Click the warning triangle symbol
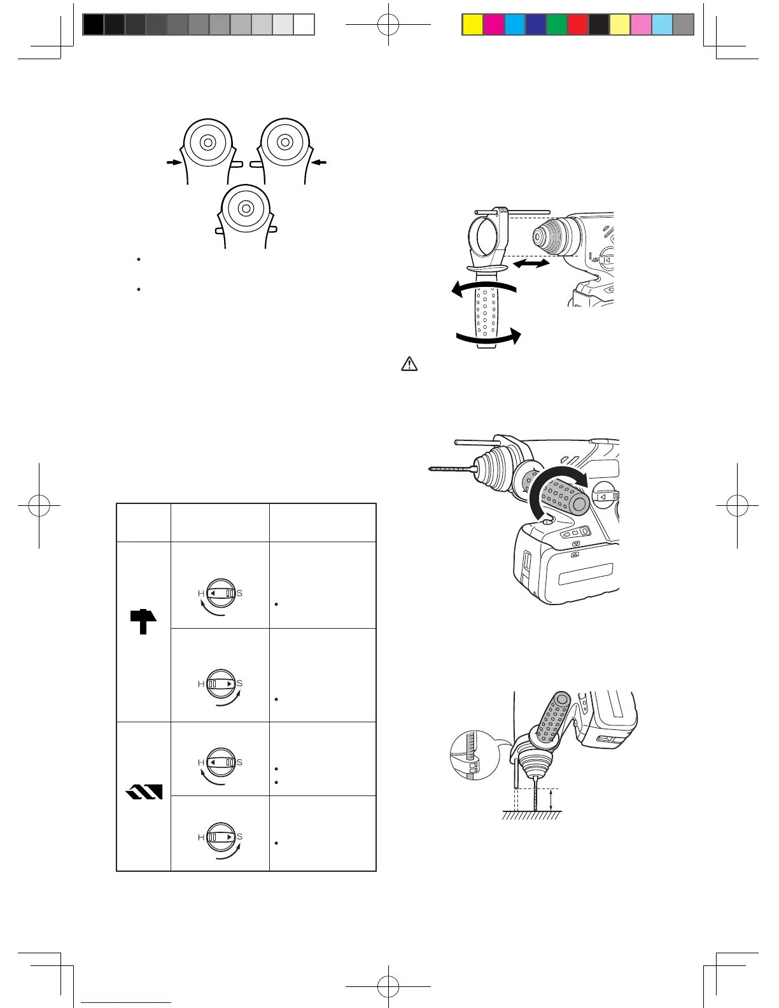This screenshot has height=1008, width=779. [409, 364]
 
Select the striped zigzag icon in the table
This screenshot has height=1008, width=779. [144, 791]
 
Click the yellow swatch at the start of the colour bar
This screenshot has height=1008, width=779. [472, 25]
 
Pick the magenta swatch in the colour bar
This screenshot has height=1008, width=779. [493, 25]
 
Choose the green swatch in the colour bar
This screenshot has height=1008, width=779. [557, 25]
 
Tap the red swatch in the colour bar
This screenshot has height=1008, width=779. [578, 25]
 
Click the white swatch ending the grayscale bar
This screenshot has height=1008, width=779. [304, 25]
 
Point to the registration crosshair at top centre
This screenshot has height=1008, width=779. [388, 25]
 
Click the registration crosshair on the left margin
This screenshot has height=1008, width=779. [39, 506]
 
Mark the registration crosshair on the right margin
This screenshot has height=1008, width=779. [738, 506]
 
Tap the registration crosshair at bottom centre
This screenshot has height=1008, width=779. [388, 986]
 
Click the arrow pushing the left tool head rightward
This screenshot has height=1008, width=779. [173, 163]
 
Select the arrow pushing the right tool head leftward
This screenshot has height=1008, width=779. [319, 163]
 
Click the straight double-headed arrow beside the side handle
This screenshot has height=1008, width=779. [532, 263]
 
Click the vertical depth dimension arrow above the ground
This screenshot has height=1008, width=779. [551, 800]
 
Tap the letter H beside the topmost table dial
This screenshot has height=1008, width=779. [201, 593]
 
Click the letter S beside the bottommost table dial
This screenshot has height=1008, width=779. [240, 837]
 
